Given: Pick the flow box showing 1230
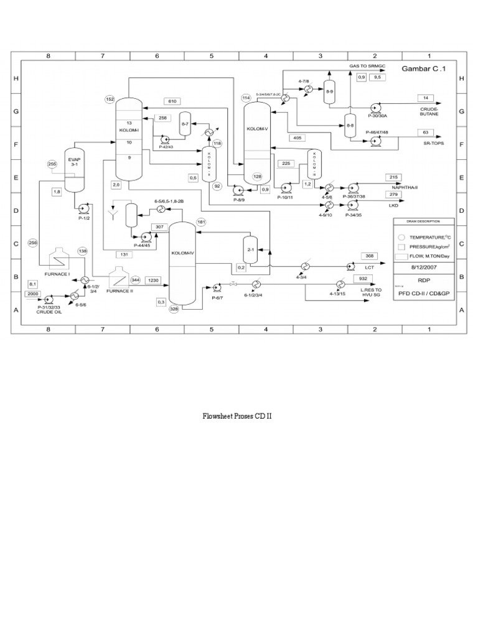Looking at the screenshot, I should click(x=154, y=281).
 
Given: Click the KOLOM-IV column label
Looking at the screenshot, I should click(x=183, y=254).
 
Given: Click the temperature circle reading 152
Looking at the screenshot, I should click(x=110, y=100).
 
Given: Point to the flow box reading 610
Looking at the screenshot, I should click(x=172, y=101).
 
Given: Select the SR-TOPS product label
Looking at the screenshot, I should click(x=425, y=144).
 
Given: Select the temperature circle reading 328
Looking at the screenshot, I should click(x=174, y=309).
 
